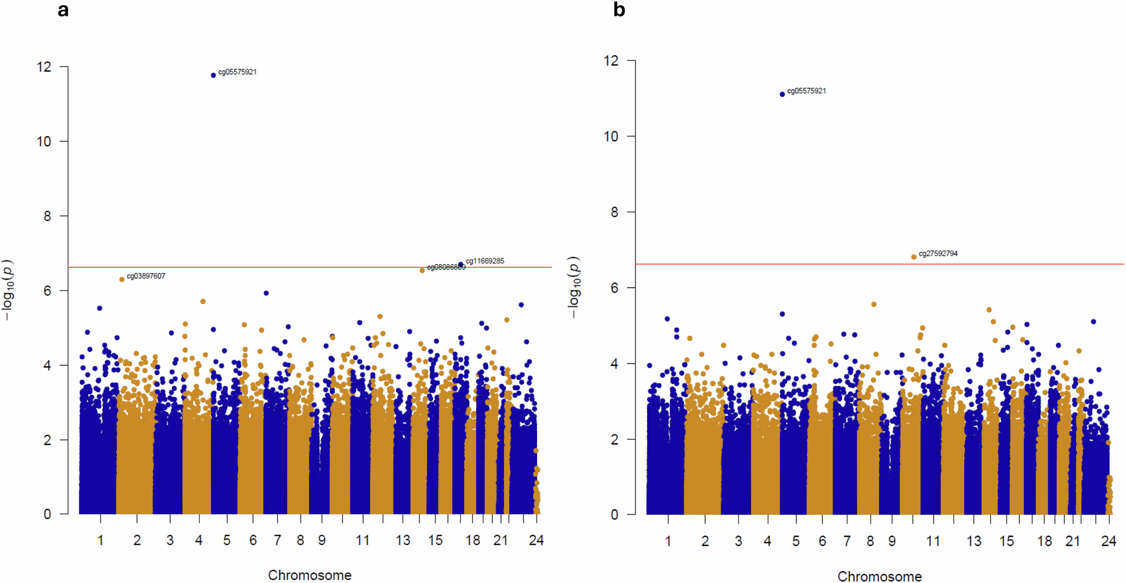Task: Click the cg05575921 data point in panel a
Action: (213, 75)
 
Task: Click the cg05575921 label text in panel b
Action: (806, 91)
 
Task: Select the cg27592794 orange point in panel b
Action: (914, 257)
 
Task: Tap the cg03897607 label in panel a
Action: (146, 276)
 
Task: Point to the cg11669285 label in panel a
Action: (485, 261)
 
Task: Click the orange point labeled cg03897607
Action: (122, 279)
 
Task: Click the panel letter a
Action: (63, 10)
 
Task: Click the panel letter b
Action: (619, 10)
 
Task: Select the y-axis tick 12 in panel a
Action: (44, 67)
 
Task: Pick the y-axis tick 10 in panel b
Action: (611, 136)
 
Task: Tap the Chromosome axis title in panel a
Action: (310, 575)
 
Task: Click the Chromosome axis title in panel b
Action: (880, 576)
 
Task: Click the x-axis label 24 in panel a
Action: (536, 540)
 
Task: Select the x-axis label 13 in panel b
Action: (974, 541)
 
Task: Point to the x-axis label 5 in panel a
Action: (226, 540)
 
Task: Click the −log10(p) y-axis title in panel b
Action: (574, 287)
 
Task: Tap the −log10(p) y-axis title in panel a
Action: (7, 289)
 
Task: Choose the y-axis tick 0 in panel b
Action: (614, 515)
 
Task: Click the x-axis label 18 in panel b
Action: (1044, 541)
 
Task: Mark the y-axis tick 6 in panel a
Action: (47, 291)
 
